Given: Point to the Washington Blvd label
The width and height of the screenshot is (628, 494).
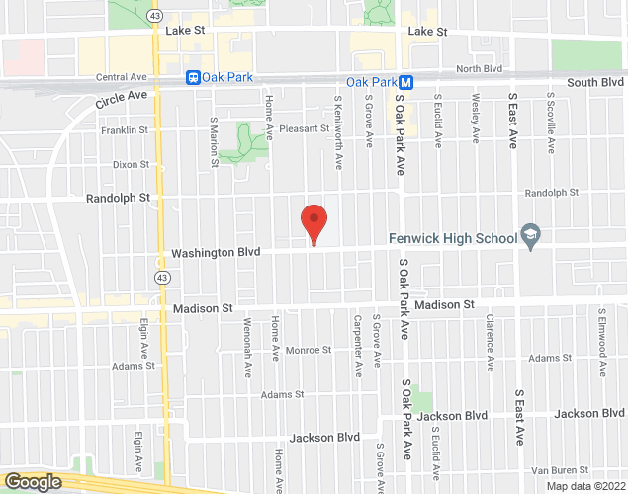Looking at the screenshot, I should [216, 253].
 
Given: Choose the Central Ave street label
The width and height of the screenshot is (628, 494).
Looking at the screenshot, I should [121, 77].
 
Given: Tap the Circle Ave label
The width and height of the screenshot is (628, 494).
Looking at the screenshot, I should [121, 99].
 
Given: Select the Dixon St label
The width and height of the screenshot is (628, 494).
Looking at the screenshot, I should [130, 164].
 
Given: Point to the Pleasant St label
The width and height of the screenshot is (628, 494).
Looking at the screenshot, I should [304, 128].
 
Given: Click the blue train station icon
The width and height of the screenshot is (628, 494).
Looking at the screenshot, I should [194, 77].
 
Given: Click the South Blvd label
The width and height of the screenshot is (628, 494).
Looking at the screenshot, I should [596, 82].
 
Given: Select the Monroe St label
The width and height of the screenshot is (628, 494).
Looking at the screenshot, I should [308, 350].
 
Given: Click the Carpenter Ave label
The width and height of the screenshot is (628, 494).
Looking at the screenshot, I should [357, 345].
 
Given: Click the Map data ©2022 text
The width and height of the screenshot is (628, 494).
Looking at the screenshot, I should [587, 486].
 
